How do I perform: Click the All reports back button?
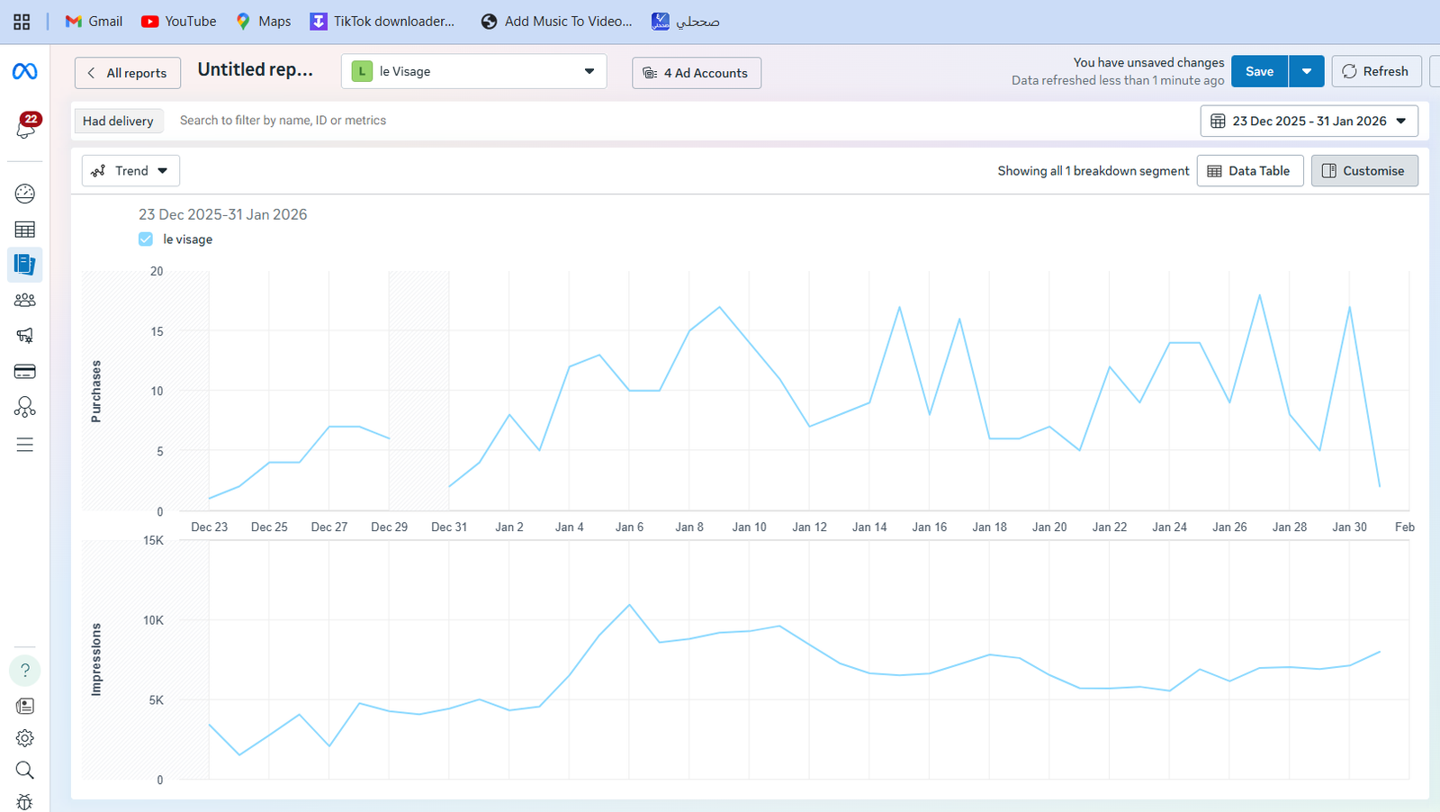(127, 73)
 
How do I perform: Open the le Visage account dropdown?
(473, 71)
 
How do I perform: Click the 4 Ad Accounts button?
(697, 73)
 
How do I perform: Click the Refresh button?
(1376, 71)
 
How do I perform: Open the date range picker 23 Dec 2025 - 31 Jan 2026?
(1309, 121)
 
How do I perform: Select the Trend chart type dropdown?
(130, 170)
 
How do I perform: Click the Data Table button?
(1250, 170)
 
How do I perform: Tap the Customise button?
(1364, 170)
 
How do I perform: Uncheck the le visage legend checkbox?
(146, 239)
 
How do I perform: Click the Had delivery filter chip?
(118, 121)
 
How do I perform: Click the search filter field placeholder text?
(283, 121)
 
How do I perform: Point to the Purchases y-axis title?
(96, 391)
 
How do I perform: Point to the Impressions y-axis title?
(96, 659)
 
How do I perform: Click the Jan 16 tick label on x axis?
(930, 528)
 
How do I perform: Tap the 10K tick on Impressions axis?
(154, 620)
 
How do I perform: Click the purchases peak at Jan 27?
(1259, 295)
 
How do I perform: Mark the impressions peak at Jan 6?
(629, 604)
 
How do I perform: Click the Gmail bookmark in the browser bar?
(94, 22)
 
